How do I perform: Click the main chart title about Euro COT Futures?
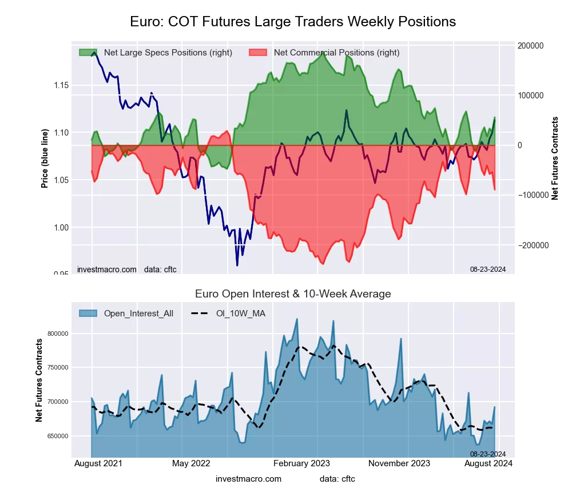[x=293, y=22]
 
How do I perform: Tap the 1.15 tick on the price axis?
[x=61, y=85]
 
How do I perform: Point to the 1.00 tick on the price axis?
[x=61, y=228]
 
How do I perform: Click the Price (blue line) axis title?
[x=45, y=158]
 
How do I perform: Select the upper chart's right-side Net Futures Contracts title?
[x=554, y=158]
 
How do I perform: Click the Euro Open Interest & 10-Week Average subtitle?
[x=293, y=294]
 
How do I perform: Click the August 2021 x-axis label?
[x=97, y=463]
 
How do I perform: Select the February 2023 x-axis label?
[x=301, y=463]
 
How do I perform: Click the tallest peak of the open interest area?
[x=297, y=319]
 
